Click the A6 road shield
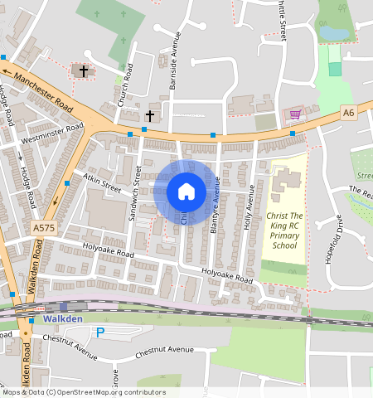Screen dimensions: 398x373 pos(348,111)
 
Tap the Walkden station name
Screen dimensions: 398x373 pos(62,319)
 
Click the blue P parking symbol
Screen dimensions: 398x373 pos(100,332)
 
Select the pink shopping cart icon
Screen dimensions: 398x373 pos(294,114)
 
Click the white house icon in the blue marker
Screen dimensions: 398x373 pos(186,192)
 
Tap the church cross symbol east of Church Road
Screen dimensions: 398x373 pos(150,116)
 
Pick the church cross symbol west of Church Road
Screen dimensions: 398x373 pos(83,70)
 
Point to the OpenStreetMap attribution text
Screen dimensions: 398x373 pos(83,392)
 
